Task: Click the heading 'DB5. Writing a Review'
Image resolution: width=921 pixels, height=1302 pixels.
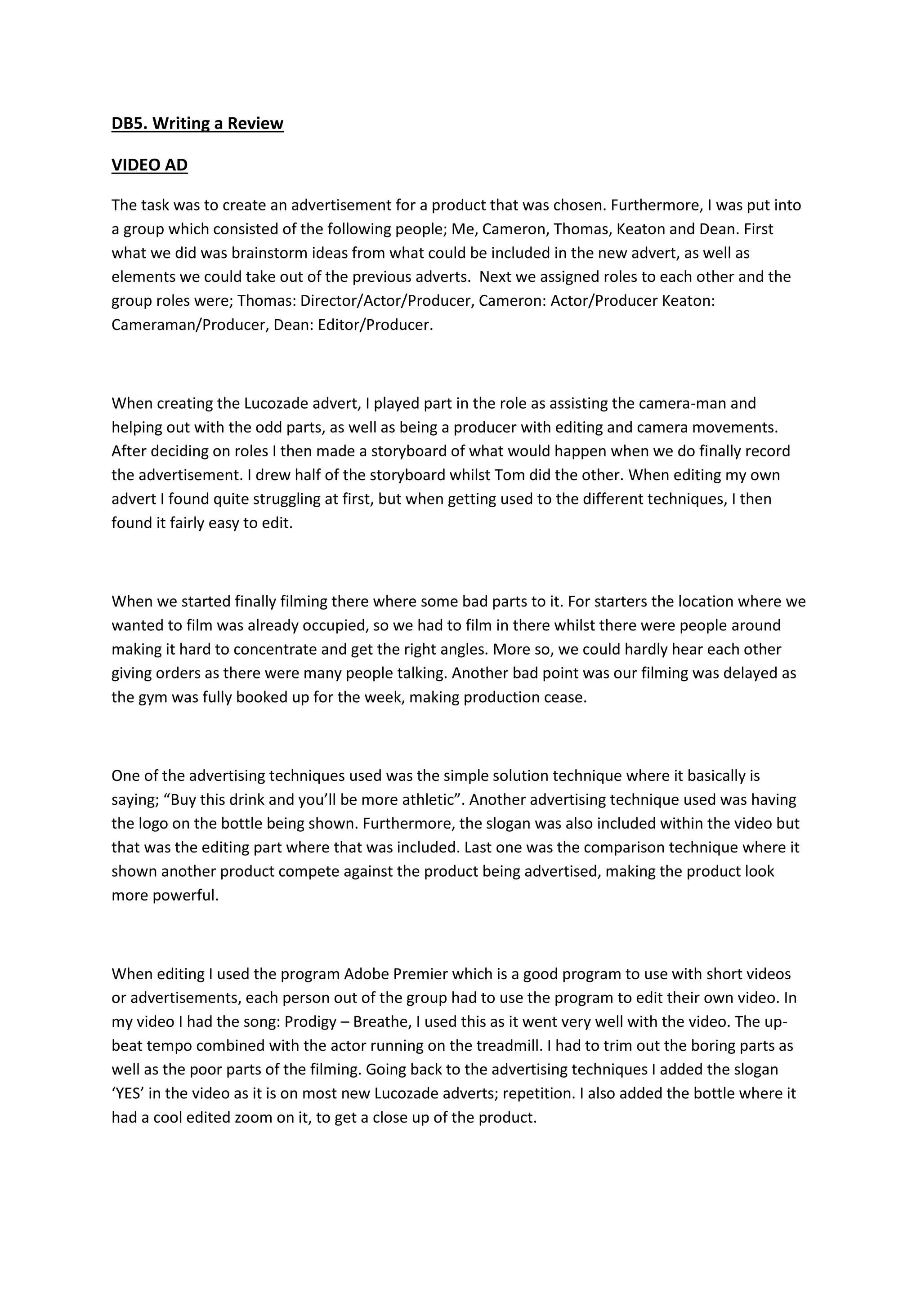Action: [x=197, y=123]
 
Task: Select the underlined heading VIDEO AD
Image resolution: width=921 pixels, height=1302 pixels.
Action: [x=149, y=165]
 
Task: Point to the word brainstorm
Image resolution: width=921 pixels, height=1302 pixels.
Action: [x=272, y=253]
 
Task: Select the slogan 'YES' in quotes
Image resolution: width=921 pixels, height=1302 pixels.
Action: [x=129, y=1093]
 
